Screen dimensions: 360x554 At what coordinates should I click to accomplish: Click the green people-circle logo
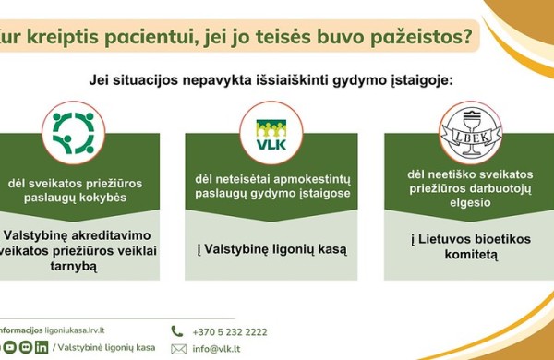[72, 130]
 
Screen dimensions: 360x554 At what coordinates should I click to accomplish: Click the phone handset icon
[176, 330]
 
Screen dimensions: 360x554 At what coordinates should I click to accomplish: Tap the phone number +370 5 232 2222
[230, 331]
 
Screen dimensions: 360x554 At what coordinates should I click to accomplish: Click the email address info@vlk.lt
[217, 349]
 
